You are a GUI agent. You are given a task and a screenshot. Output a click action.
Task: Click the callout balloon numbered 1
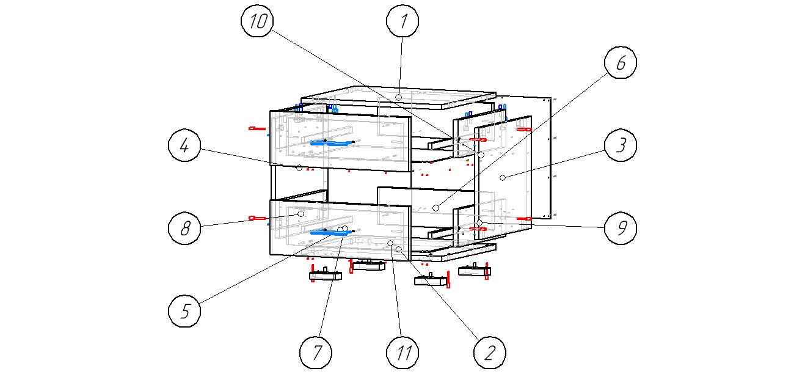(402, 21)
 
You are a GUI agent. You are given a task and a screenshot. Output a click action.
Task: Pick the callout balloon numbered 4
(184, 146)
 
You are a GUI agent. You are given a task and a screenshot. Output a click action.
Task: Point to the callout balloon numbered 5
(184, 311)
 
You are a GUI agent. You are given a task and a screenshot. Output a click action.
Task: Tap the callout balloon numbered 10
(257, 21)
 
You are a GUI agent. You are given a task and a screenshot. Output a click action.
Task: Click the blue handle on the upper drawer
(330, 143)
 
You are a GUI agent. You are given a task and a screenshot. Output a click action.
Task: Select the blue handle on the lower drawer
(330, 232)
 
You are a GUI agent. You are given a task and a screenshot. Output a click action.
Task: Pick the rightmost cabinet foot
(475, 270)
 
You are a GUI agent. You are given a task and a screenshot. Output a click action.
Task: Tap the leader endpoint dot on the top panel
(398, 97)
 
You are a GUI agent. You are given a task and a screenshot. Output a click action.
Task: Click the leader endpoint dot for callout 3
(503, 177)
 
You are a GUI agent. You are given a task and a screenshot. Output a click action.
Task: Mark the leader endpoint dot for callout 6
(435, 208)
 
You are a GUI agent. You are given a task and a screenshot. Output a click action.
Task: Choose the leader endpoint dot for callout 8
(301, 214)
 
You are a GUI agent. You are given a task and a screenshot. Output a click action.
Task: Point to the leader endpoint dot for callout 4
(299, 167)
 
